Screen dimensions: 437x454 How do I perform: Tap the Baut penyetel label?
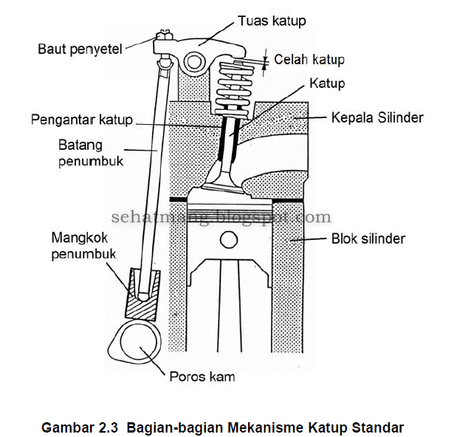tap(80, 49)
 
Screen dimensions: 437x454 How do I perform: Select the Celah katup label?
tap(309, 60)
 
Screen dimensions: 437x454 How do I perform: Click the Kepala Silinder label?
tap(377, 118)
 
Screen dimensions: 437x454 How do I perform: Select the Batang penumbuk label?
tap(81, 152)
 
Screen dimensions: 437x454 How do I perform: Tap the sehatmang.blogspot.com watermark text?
tap(221, 218)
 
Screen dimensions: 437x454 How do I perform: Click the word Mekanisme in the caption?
tap(262, 427)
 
